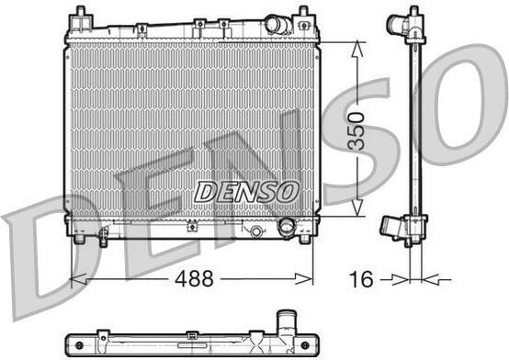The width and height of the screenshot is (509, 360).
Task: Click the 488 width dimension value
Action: click(194, 278)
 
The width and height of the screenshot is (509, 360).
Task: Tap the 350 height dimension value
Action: click(356, 131)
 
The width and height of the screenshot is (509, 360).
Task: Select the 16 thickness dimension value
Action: click(361, 279)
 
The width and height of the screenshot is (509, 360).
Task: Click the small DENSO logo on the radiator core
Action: click(246, 192)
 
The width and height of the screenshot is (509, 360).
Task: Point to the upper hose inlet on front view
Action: click(275, 24)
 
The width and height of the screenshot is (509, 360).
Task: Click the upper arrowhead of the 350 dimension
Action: click(357, 50)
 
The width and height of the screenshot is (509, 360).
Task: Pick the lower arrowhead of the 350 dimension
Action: click(357, 208)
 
